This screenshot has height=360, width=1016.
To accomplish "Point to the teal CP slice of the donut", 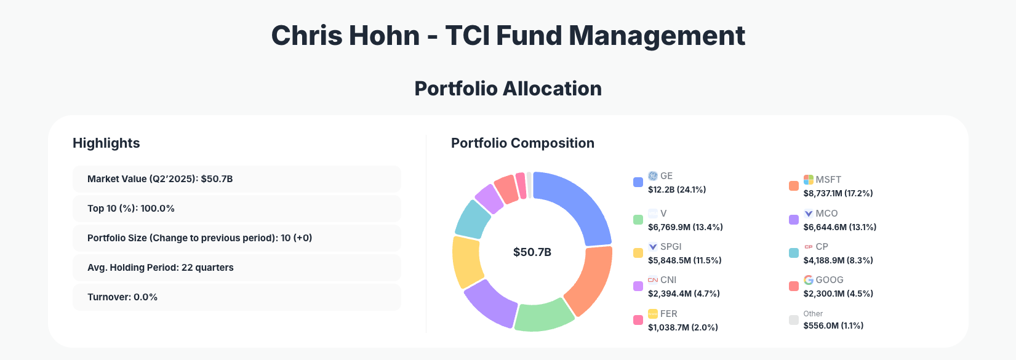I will [473, 218].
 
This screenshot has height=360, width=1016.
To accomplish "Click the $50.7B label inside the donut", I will [532, 252].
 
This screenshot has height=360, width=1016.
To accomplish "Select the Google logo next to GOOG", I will [809, 279].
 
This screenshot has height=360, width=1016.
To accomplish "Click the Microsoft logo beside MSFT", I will [809, 179].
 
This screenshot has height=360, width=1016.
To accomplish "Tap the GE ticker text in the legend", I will [666, 176].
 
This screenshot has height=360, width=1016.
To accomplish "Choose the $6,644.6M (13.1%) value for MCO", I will [839, 227].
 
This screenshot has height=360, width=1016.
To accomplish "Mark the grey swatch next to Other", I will [794, 320].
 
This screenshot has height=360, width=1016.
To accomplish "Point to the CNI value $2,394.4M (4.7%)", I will [684, 294].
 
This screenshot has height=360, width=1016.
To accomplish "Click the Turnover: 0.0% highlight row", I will [236, 297].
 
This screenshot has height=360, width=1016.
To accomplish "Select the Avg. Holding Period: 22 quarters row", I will [236, 268].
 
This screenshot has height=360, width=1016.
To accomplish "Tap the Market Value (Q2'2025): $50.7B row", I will [236, 179].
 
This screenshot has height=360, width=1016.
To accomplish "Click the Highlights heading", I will [106, 143].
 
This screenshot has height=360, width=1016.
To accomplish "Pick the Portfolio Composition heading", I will [522, 143].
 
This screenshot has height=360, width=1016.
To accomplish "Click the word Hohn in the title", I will [385, 36].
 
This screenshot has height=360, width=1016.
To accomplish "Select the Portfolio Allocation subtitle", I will [508, 89].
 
